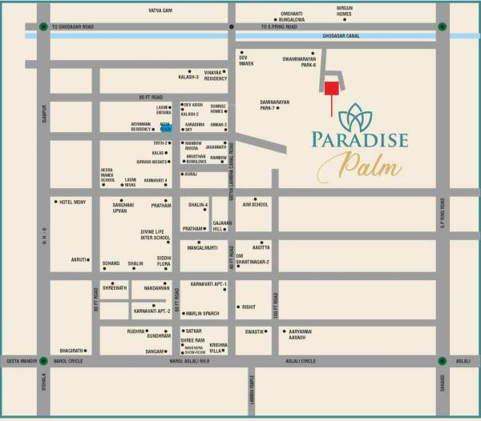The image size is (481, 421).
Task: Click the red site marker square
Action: pyautogui.click(x=331, y=87)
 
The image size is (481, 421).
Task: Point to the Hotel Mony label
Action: pyautogui.click(x=71, y=202)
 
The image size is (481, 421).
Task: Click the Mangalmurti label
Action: pyautogui.click(x=203, y=249)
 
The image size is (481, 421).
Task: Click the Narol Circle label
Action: pyautogui.click(x=71, y=361)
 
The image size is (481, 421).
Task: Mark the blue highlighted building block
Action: pyautogui.click(x=166, y=126)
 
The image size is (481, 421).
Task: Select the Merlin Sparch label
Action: pyautogui.click(x=201, y=313)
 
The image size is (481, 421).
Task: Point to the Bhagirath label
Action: pyautogui.click(x=71, y=351)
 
